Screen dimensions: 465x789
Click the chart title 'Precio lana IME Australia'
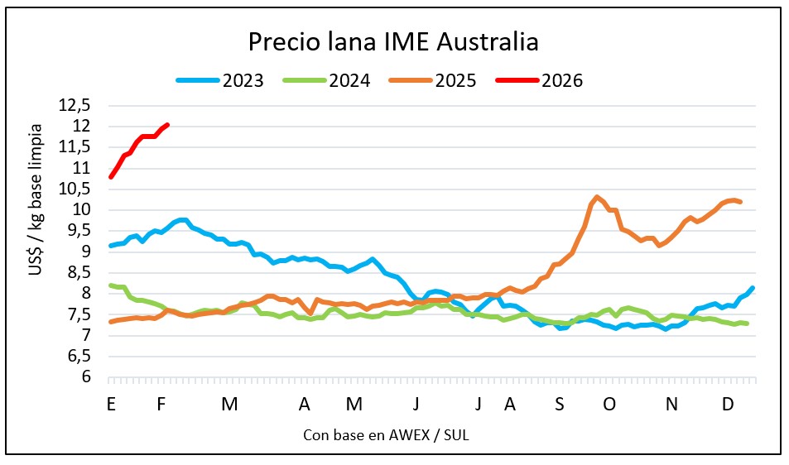(394, 42)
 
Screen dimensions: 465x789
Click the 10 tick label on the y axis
(83, 210)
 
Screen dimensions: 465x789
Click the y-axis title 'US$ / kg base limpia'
(38, 240)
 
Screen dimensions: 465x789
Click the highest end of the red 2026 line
(167, 125)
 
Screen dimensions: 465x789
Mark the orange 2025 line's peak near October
(596, 197)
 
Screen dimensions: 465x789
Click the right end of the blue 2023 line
(752, 288)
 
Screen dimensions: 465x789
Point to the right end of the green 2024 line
(748, 324)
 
